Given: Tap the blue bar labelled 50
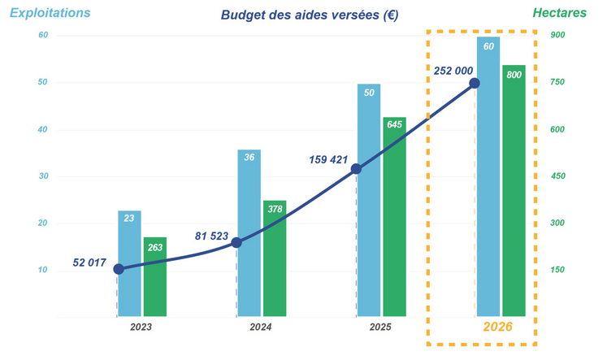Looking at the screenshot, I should point(369,200).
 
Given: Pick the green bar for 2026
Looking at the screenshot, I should point(514,190).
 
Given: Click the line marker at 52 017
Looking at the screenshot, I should point(119,269).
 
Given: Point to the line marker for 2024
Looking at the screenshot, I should point(236,242).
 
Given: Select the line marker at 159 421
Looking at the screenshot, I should point(356,169).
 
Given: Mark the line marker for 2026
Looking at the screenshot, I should point(475,83).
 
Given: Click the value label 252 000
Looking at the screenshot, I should point(453,71).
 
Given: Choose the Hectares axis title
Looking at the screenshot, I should point(559,13).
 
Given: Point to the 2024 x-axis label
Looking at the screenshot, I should point(261,327).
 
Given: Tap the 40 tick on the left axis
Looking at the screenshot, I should point(43,130).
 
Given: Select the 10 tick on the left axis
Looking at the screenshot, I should point(43,270).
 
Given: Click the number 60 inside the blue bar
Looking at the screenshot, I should point(488,46).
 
